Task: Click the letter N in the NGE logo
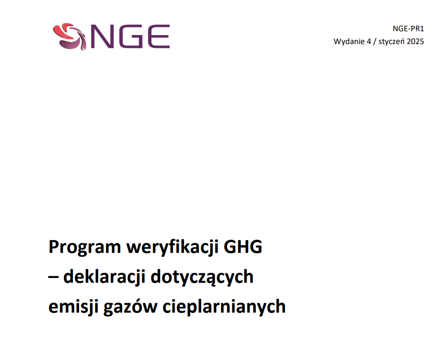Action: click(101, 36)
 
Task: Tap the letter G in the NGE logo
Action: click(129, 36)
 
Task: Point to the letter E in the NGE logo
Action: click(158, 36)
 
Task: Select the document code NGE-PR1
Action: click(408, 28)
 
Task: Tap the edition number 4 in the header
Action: click(369, 42)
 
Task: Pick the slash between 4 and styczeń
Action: click(375, 42)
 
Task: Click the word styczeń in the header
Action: click(391, 42)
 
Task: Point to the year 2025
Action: click(416, 42)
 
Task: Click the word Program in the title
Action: click(85, 247)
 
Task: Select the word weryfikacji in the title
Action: click(172, 247)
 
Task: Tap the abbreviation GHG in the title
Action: click(243, 247)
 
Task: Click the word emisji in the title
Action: click(73, 306)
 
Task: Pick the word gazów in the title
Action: click(130, 306)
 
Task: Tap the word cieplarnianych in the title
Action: click(224, 306)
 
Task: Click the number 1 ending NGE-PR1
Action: click(422, 28)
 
